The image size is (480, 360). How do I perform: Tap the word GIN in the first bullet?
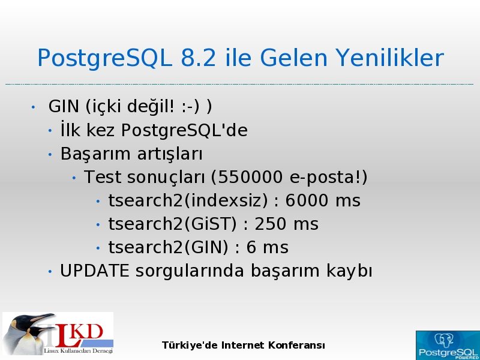[x=64, y=107]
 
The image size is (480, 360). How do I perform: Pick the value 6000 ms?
[x=323, y=200]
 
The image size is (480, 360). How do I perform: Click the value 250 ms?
[x=287, y=224]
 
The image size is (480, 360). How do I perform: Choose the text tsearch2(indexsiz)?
[x=188, y=200]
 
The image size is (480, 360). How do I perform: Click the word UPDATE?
[x=94, y=271]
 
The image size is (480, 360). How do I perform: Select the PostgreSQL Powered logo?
[x=448, y=346]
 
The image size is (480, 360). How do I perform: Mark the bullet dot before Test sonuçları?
[x=74, y=178]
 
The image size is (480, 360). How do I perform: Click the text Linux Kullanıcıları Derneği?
[x=79, y=351]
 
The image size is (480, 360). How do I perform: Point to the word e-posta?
[x=328, y=177]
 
